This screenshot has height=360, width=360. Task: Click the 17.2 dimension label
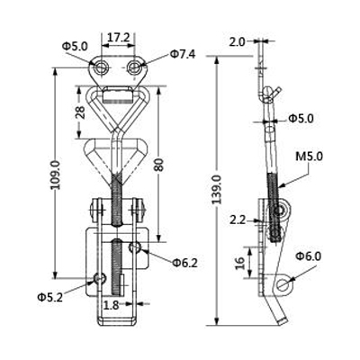tap(118, 38)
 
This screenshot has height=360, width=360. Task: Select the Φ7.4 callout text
tap(183, 54)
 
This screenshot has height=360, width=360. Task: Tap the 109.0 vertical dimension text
tap(56, 175)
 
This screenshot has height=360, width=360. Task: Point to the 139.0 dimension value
tap(217, 190)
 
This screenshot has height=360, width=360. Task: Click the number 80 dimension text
tap(159, 165)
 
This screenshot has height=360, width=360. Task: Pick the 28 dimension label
tap(80, 112)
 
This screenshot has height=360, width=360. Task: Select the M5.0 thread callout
tap(309, 157)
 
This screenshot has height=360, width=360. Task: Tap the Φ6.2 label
tap(185, 263)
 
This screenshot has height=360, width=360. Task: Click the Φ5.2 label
tap(50, 297)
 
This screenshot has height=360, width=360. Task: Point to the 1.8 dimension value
tap(111, 306)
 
